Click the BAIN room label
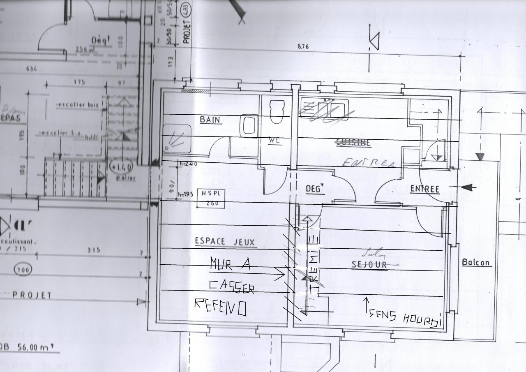pos(210,120)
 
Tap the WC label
pos(275,140)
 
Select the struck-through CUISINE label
pos(353,142)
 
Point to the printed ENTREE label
pos(424,189)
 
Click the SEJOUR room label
pos(369,265)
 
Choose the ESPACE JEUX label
pos(225,242)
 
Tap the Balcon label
pos(477,262)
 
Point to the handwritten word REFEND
pos(220,306)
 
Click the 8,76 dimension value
pos(302,46)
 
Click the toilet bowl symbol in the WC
pos(277,111)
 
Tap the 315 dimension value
pos(94,250)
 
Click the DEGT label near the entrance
pos(315,189)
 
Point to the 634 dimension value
pos(31,69)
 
